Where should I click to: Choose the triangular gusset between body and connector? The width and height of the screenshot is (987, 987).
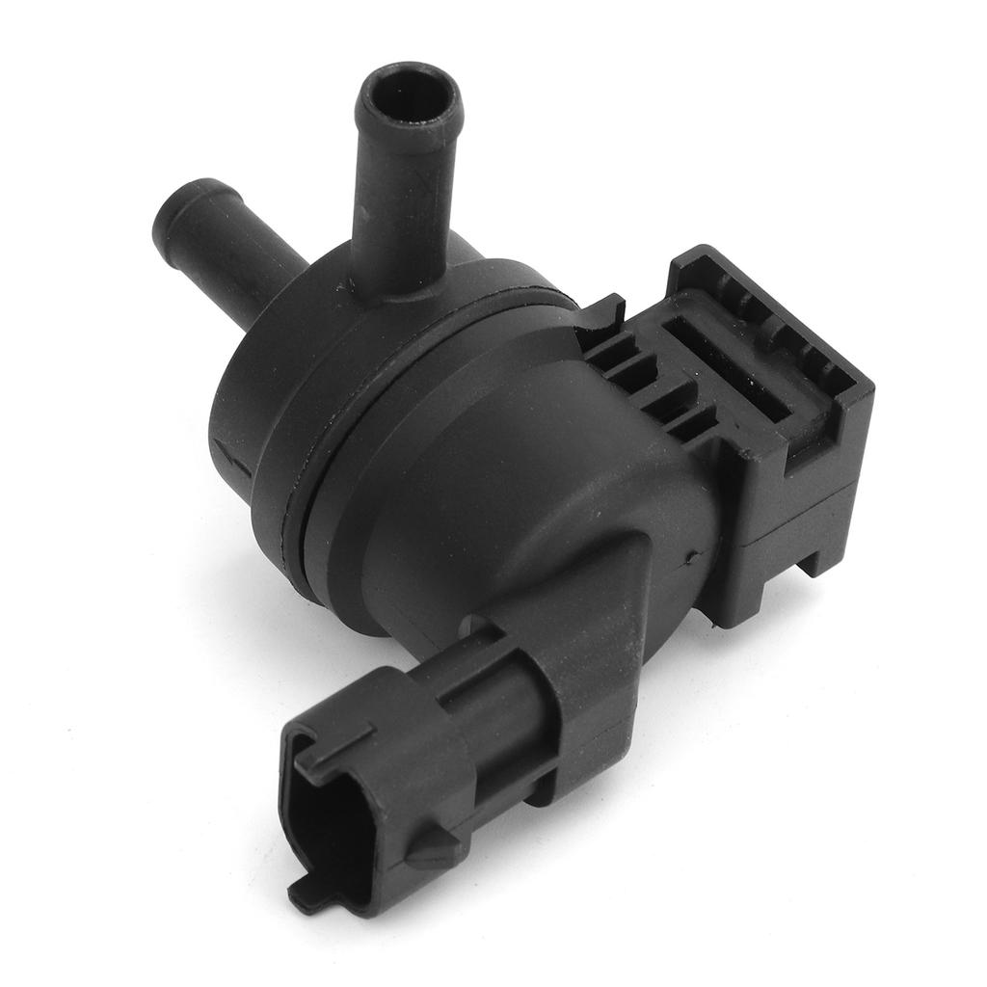pyautogui.click(x=617, y=588)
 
